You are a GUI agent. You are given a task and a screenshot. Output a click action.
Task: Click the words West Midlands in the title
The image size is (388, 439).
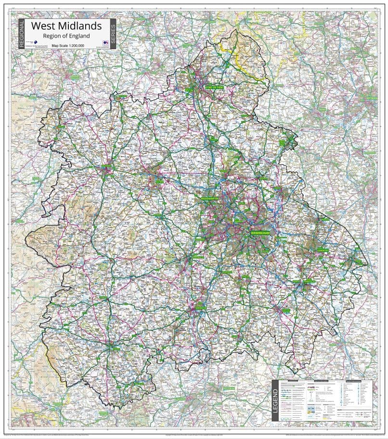(66, 25)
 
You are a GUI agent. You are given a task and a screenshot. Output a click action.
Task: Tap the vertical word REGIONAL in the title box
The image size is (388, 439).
(21, 33)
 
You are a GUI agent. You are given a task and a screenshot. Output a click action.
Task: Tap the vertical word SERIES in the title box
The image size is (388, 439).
(113, 33)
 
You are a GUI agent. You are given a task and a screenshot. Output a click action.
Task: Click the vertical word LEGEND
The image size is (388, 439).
(275, 400)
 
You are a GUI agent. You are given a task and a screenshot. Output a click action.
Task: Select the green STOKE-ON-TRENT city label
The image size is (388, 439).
(214, 88)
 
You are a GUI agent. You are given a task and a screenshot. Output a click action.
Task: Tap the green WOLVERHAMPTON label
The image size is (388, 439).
(210, 198)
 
